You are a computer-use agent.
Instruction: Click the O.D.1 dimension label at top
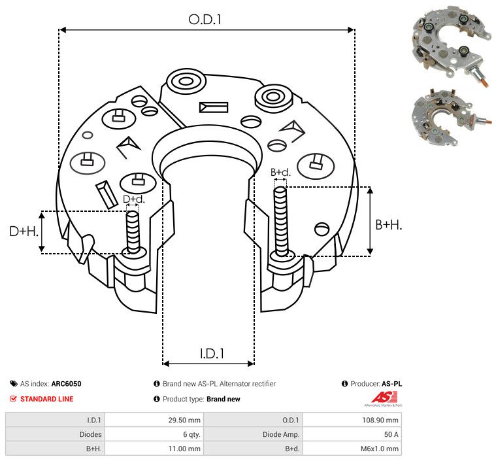pos(205,20)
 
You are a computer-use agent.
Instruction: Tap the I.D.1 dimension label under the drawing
pos(212,354)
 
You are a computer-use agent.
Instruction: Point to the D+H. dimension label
pos(24,231)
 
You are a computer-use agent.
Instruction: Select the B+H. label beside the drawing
pos(388,225)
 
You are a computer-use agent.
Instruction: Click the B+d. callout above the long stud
pos(280,172)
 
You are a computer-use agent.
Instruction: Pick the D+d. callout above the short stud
pos(133,199)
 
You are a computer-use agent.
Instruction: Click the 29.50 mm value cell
pos(184,420)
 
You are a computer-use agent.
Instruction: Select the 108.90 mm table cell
pos(380,420)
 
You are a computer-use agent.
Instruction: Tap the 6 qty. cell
pos(191,434)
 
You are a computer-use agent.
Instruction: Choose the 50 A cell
pos(391,434)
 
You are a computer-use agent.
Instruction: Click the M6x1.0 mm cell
pos(380,449)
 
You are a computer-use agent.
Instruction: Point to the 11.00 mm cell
pos(184,449)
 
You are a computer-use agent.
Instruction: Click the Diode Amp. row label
pos(281,435)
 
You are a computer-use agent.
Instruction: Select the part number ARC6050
pos(67,384)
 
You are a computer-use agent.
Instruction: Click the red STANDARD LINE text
pos(47,399)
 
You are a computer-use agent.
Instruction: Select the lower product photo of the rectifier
pos(451,118)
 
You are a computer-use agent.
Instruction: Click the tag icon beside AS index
pos(14,384)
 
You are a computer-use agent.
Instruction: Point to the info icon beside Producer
pos(344,384)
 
